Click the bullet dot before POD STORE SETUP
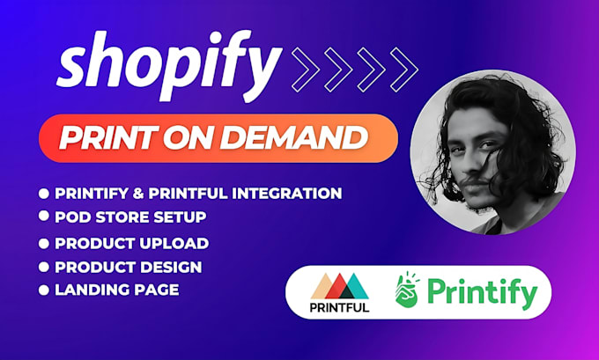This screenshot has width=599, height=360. (43, 217)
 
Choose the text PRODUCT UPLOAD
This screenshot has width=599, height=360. (131, 243)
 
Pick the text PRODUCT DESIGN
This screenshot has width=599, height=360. (129, 267)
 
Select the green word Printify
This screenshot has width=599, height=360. (484, 293)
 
